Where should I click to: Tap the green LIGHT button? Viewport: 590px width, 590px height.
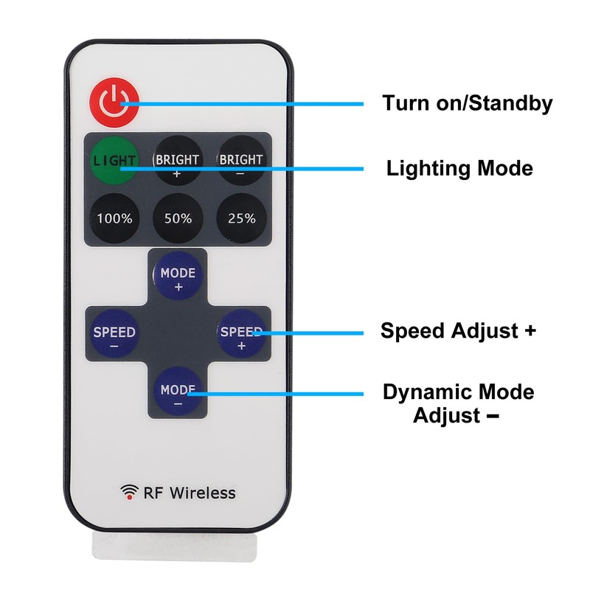[114, 159]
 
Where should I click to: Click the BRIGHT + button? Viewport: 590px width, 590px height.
[178, 159]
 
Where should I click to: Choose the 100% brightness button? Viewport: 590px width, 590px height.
[114, 218]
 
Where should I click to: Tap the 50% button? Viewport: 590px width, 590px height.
[178, 218]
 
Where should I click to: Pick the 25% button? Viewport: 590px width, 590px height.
[241, 218]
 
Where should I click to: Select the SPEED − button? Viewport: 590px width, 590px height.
[114, 336]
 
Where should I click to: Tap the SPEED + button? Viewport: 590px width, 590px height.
[241, 336]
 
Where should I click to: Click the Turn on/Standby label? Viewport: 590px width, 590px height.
[467, 103]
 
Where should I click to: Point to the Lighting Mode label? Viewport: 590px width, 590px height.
[459, 168]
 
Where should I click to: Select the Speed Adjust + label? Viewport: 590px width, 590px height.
[458, 330]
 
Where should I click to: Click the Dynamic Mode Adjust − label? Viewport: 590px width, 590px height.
[458, 403]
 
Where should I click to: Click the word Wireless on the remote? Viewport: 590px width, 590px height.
[203, 493]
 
